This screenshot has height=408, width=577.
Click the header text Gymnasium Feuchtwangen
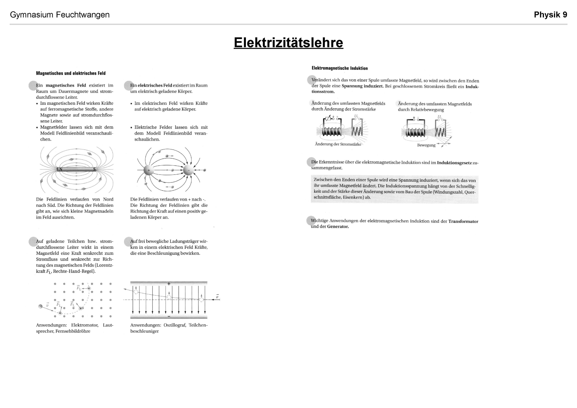click(60, 15)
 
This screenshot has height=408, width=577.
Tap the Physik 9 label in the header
click(550, 15)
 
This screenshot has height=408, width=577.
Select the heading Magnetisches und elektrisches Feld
click(71, 73)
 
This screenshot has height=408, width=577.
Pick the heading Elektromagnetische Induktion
click(339, 68)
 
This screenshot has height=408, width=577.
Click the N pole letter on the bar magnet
click(61, 169)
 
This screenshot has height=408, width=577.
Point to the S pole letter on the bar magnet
click(94, 169)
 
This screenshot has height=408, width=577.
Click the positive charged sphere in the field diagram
click(149, 170)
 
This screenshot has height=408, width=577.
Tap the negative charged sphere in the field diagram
click(188, 170)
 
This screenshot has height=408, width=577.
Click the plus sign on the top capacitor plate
click(169, 284)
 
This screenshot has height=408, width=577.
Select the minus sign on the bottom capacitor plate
click(169, 316)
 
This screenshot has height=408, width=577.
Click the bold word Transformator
click(463, 221)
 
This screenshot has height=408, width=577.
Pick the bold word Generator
click(338, 226)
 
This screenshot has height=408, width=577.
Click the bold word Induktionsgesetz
click(454, 163)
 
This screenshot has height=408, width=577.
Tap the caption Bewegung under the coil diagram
click(426, 145)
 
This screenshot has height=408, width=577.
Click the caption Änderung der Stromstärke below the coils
click(338, 144)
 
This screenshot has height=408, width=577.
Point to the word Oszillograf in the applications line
click(175, 325)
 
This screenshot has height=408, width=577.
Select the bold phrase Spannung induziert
click(362, 86)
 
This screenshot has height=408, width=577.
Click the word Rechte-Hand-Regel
click(74, 271)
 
